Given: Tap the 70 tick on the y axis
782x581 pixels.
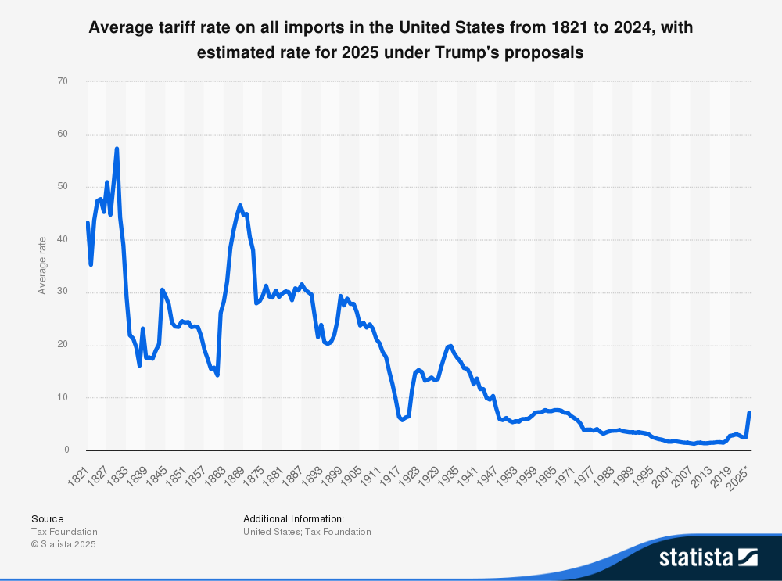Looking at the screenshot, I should [x=63, y=81].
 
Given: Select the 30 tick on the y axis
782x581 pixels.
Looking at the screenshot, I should [x=63, y=292].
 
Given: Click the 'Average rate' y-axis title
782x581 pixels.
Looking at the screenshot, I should [x=42, y=266].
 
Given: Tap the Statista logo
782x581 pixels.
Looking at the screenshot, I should [x=708, y=557].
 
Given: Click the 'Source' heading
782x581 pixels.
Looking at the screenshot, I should [x=47, y=518].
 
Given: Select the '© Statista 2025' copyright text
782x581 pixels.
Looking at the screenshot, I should [x=64, y=544].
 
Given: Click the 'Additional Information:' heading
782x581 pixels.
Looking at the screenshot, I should [x=293, y=518].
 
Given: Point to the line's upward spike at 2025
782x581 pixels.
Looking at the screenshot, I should [x=749, y=412].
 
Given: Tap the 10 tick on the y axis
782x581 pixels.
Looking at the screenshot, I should [x=63, y=397].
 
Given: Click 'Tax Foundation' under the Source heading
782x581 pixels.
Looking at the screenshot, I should [x=63, y=532].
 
